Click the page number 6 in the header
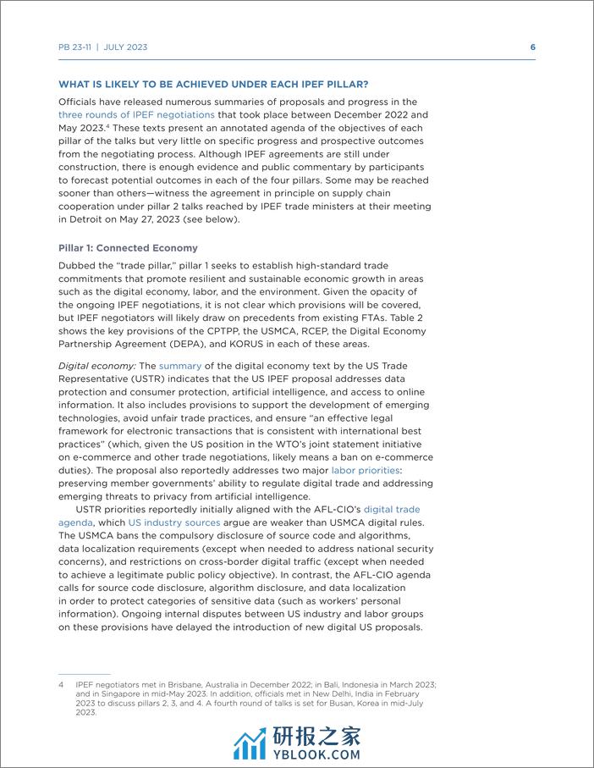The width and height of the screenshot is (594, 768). pyautogui.click(x=532, y=47)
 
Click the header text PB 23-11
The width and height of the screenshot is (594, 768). pyautogui.click(x=74, y=47)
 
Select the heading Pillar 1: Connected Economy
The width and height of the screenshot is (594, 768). pyautogui.click(x=128, y=248)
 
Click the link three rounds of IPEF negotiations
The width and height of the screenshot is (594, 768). pyautogui.click(x=124, y=114)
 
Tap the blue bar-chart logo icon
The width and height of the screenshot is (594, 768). pyautogui.click(x=250, y=743)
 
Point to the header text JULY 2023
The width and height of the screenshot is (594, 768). pyautogui.click(x=126, y=47)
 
